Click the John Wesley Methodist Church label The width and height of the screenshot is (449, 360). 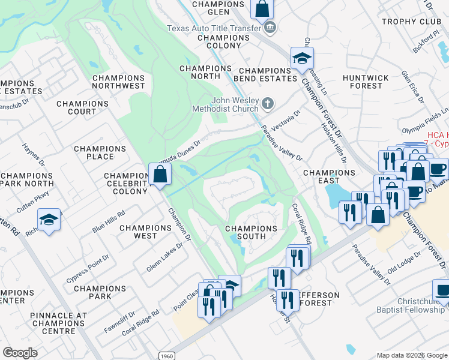[x=225, y=104]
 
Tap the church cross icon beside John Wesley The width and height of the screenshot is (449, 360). [x=268, y=104]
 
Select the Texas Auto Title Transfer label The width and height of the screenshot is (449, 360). [x=214, y=28]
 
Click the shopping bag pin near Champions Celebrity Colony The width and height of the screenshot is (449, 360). [x=160, y=175]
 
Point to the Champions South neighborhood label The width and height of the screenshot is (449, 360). [x=251, y=232]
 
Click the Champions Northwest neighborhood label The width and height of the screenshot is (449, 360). [x=118, y=82]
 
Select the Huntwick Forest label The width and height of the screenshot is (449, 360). [x=366, y=82]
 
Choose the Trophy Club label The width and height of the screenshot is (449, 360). [x=411, y=22]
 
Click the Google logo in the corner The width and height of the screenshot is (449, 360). [x=20, y=353]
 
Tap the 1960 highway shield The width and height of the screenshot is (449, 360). [x=167, y=355]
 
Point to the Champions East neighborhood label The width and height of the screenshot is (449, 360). [x=329, y=176]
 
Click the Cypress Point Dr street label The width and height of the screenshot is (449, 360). [x=88, y=268]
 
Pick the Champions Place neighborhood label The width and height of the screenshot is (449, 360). [x=100, y=152]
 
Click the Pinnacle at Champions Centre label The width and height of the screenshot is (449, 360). [x=59, y=319]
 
